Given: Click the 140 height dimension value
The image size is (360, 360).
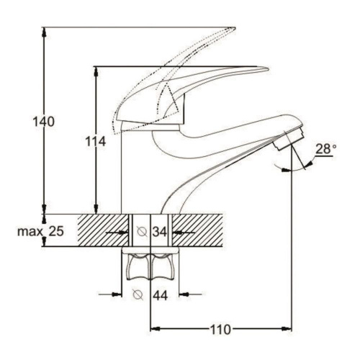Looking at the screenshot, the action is pyautogui.click(x=43, y=122).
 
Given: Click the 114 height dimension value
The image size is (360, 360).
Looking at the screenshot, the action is pyautogui.click(x=96, y=142).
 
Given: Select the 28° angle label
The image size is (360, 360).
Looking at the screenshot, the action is pyautogui.click(x=325, y=149).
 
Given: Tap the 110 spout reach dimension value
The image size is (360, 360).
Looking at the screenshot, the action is pyautogui.click(x=220, y=330).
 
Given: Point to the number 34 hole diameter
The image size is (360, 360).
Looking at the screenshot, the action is pyautogui.click(x=160, y=232).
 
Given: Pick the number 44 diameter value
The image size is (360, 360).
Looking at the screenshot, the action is pyautogui.click(x=160, y=295).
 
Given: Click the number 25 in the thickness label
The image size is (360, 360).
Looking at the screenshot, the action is pyautogui.click(x=56, y=231).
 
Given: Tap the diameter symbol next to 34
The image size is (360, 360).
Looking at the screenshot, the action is pyautogui.click(x=142, y=231).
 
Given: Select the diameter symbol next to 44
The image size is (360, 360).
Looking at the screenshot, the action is pyautogui.click(x=138, y=295).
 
